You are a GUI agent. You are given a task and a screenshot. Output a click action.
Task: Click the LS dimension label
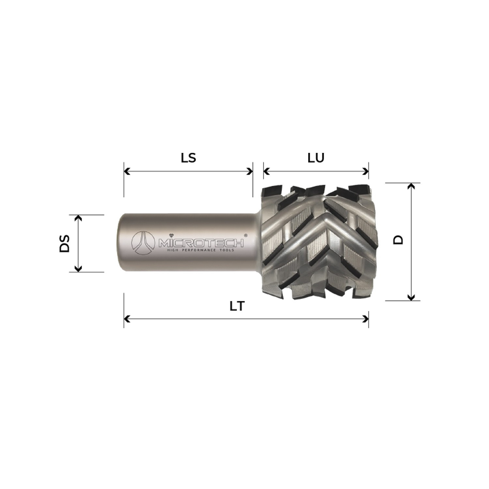[188, 158]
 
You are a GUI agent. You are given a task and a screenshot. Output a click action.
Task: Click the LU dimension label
[316, 158]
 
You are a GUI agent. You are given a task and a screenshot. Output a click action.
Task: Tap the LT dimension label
[237, 306]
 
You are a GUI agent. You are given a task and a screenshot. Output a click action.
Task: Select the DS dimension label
[65, 243]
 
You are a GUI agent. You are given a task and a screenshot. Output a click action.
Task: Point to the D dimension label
[398, 240]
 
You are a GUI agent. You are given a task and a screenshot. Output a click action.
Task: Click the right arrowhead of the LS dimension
[250, 171]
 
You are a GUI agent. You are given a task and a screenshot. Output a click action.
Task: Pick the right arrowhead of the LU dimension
[366, 171]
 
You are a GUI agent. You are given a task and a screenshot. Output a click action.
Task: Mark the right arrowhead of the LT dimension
[366, 319]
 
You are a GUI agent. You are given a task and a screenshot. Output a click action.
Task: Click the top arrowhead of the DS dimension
[78, 218]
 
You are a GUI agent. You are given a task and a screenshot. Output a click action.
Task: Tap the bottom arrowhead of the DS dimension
[78, 269]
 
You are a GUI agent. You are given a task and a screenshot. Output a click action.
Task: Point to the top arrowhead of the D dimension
[411, 186]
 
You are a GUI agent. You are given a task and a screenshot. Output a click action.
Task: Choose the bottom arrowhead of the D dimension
[411, 297]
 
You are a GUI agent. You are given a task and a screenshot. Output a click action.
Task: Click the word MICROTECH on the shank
[200, 243]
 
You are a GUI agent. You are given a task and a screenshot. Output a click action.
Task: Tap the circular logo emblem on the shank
[142, 243]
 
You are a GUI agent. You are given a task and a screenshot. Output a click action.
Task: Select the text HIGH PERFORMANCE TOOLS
[200, 250]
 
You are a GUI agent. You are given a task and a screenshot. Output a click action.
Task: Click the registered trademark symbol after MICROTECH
[245, 235]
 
